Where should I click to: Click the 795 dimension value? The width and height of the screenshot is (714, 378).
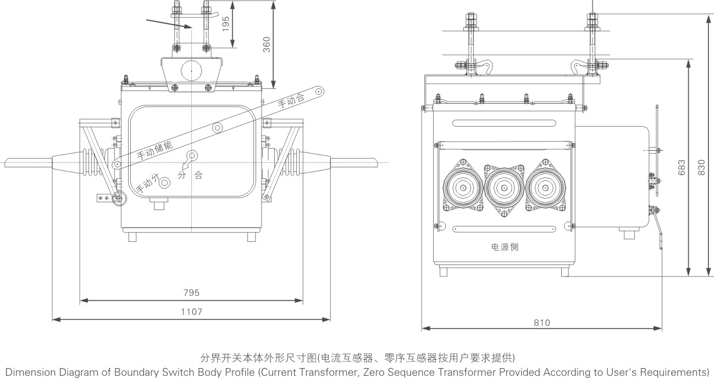(x=191, y=293)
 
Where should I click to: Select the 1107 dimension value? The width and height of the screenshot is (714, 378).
(x=191, y=312)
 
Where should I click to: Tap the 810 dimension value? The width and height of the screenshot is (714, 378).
(x=541, y=323)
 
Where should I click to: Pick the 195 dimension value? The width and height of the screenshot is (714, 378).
(x=226, y=24)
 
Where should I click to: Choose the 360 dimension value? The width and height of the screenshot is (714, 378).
(x=266, y=44)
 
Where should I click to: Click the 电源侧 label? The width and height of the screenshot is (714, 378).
(x=505, y=247)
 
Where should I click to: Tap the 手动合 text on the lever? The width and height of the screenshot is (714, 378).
(x=290, y=101)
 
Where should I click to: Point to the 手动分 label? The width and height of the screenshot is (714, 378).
(x=147, y=184)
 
